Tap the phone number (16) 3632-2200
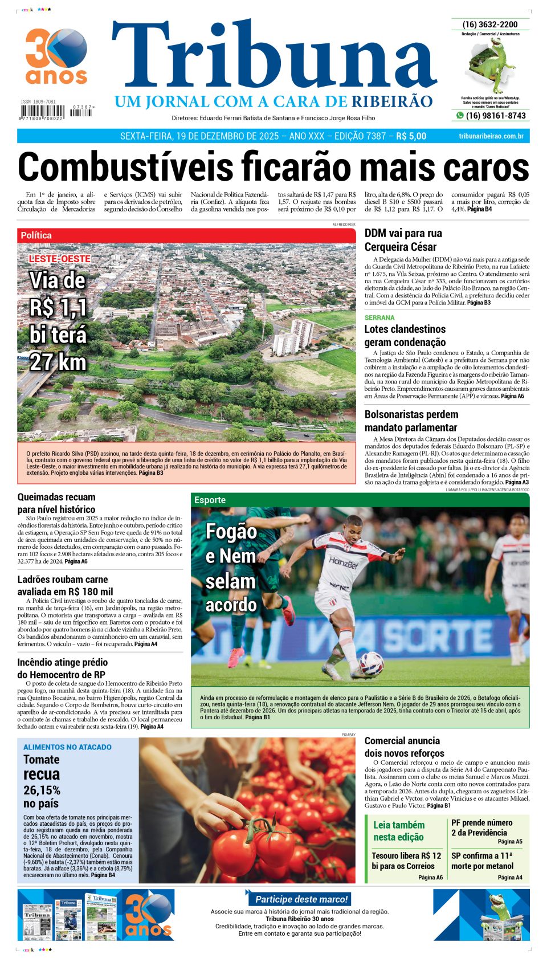click(x=490, y=25)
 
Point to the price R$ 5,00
click(x=411, y=136)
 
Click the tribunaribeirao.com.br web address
click(x=491, y=136)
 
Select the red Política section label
click(x=36, y=235)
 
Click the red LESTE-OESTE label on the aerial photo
click(x=60, y=259)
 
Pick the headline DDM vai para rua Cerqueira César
click(x=403, y=240)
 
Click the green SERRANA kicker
click(x=379, y=317)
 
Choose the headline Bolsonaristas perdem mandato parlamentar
click(x=411, y=421)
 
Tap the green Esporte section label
click(x=210, y=500)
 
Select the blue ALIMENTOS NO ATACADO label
click(x=67, y=747)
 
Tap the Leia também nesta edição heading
click(x=398, y=831)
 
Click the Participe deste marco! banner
click(x=301, y=899)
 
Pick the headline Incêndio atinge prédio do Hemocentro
click(x=62, y=668)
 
